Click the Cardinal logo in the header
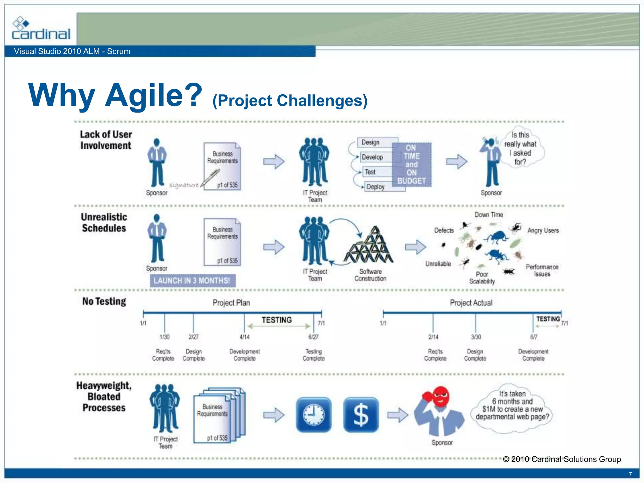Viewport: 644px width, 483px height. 41,29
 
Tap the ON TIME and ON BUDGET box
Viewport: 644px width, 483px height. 412,164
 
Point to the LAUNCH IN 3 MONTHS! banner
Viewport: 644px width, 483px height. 192,280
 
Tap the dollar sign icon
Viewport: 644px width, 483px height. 361,415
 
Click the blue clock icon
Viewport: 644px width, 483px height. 314,415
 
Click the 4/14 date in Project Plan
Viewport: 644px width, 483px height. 244,337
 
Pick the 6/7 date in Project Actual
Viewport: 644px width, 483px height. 534,337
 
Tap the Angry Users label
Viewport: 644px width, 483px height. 543,230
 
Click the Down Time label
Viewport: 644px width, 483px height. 489,215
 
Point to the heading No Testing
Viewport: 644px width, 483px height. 104,301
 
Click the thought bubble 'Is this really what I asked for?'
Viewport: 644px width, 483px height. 521,148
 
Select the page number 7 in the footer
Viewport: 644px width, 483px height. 630,474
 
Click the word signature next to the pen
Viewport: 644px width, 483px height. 184,185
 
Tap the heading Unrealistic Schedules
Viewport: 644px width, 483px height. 104,222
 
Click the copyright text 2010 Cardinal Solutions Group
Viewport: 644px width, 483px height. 562,459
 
